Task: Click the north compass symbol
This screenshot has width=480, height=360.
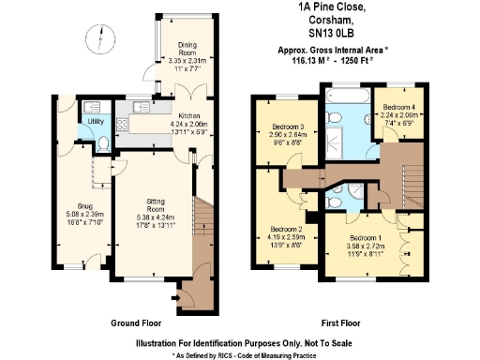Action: coord(93,38)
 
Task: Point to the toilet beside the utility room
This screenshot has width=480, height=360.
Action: coord(105,143)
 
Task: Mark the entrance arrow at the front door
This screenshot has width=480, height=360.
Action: coord(178,299)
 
